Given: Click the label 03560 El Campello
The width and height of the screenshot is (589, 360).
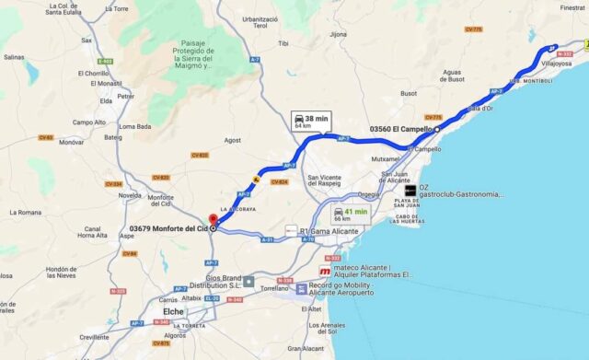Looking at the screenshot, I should click(x=401, y=129).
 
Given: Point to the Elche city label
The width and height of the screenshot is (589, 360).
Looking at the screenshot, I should click(x=175, y=311).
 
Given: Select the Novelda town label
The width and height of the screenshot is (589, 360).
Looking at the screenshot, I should click(x=131, y=194).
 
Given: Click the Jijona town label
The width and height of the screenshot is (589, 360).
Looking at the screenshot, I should click(x=339, y=34).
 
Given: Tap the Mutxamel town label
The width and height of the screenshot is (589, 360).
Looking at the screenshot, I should click(x=387, y=158).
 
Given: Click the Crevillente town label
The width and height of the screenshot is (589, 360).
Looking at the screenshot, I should click(x=93, y=337).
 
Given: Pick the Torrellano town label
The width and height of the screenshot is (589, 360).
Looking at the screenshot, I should click(x=274, y=288).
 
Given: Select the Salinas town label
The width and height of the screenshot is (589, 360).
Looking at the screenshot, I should click(x=14, y=57).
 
